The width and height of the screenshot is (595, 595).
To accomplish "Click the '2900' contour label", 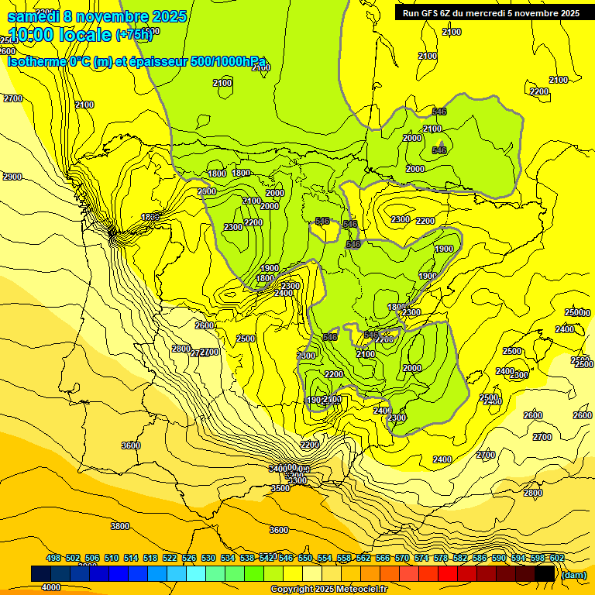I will click(12, 177).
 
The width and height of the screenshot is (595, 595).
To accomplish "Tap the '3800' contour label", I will click(120, 526).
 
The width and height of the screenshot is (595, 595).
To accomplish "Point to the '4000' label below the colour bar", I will click(51, 587).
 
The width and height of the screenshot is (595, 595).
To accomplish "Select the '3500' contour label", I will click(280, 488).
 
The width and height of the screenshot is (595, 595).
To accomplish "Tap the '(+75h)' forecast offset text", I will click(134, 35).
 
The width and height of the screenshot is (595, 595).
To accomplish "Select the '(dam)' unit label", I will click(574, 575).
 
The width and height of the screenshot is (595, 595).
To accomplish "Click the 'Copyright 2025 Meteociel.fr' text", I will click(329, 590).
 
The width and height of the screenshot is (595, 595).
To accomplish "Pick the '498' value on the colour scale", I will click(53, 558).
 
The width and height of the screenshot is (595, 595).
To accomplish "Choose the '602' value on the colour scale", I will click(557, 558).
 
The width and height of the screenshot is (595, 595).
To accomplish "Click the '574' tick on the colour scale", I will click(421, 558).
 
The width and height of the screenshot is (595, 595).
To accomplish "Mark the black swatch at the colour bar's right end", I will click(545, 573).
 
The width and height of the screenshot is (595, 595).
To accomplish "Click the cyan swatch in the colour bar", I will click(196, 573).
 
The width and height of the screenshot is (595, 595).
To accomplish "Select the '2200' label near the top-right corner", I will click(540, 91).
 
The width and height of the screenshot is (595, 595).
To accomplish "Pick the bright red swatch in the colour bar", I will click(448, 573).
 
